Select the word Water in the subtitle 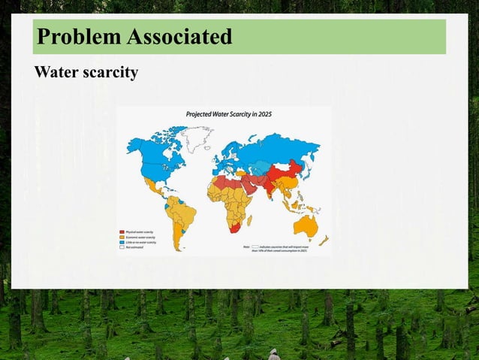point(55,74)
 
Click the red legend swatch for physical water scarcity point(122,231)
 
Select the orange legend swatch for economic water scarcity point(122,237)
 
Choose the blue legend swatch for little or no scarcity point(122,243)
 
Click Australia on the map point(306,225)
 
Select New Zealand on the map point(324,241)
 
